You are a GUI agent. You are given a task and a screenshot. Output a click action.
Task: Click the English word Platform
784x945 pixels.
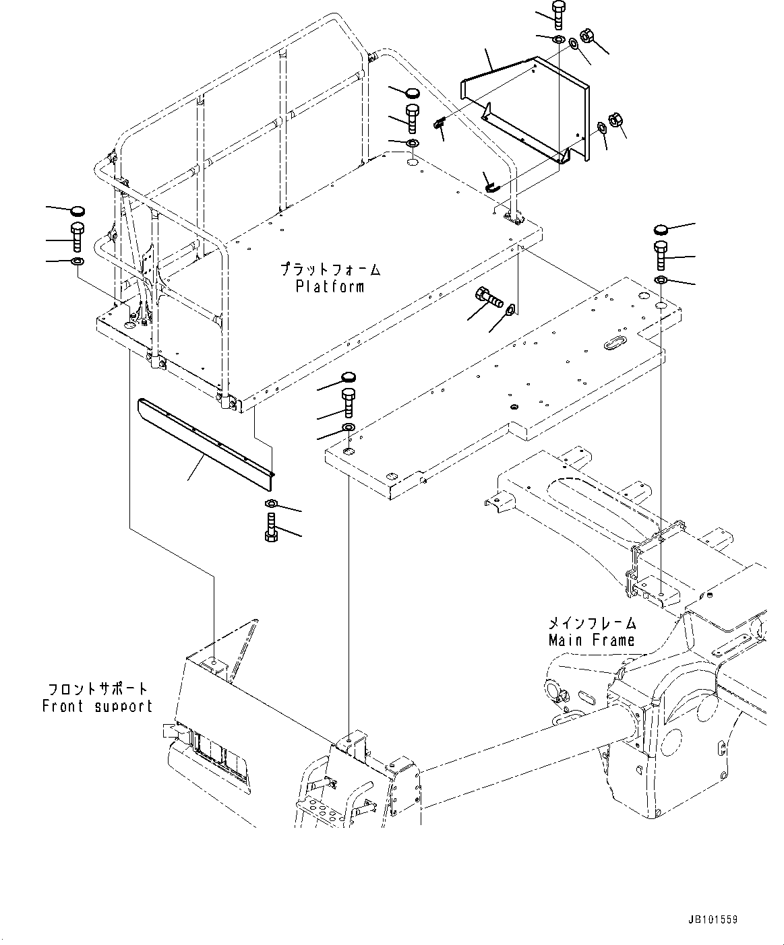click(x=330, y=287)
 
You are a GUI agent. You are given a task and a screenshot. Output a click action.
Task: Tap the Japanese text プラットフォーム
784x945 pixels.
click(x=330, y=270)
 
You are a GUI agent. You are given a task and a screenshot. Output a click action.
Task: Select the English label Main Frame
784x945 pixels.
click(x=591, y=640)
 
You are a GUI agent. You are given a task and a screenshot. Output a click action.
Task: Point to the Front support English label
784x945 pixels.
click(x=97, y=707)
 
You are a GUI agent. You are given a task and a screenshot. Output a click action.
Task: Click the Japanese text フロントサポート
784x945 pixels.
click(x=97, y=690)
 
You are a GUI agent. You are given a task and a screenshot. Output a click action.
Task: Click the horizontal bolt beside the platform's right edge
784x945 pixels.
click(x=489, y=297)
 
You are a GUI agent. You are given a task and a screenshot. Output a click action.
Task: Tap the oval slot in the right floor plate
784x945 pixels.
click(x=616, y=344)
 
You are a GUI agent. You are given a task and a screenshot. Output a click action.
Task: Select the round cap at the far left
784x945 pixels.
click(x=78, y=211)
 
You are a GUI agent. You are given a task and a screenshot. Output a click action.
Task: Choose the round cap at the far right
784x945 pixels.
click(x=661, y=230)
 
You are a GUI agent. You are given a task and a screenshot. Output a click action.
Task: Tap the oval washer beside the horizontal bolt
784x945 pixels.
click(x=511, y=309)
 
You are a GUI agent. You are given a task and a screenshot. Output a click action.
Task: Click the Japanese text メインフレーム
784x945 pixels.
click(x=591, y=623)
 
